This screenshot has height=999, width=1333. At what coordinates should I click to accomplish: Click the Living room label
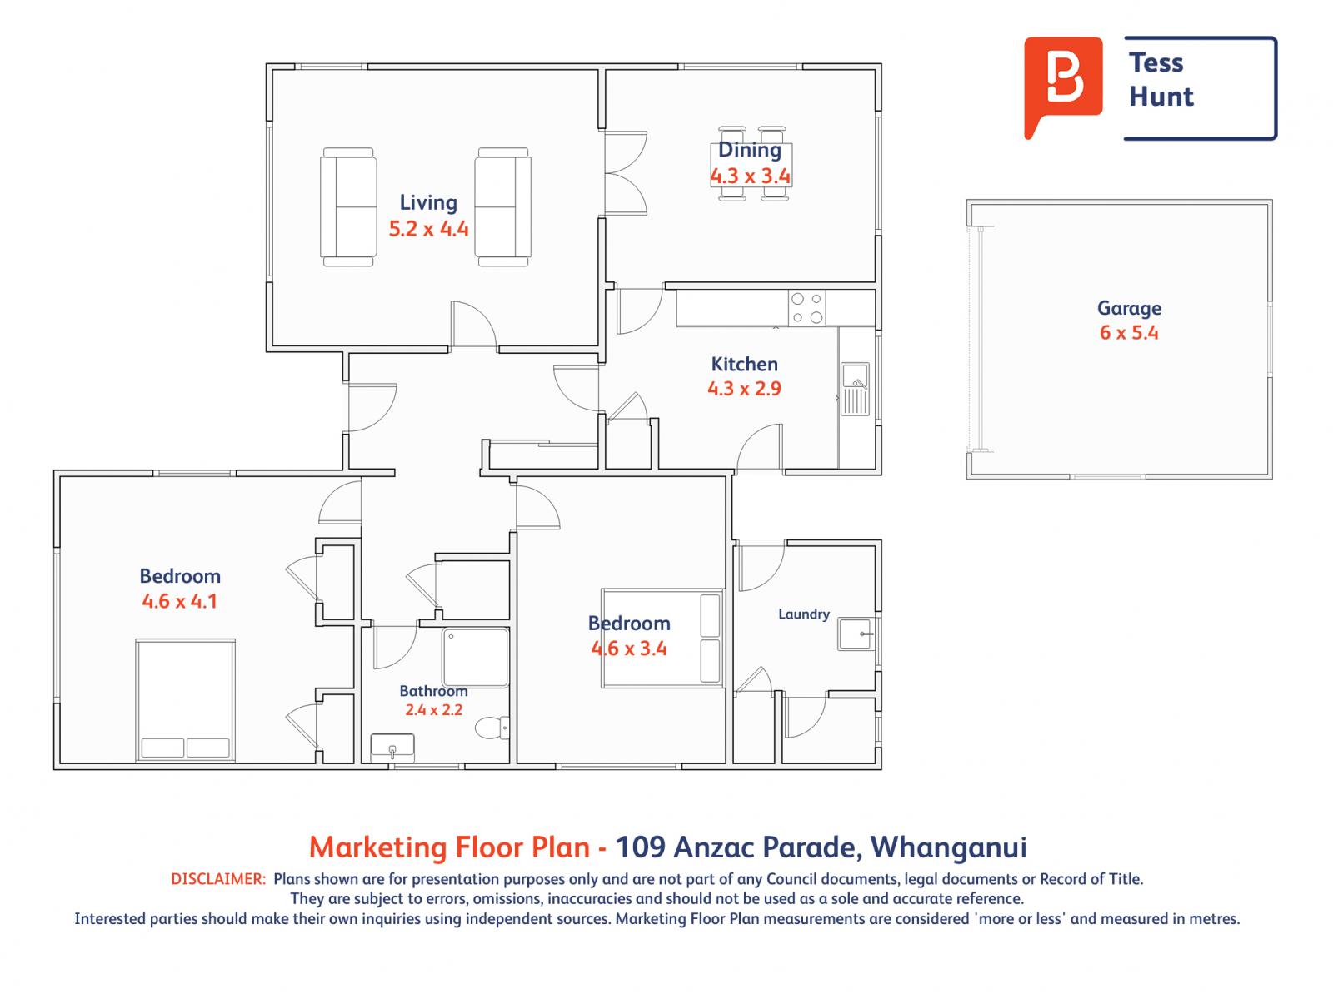pyautogui.click(x=427, y=203)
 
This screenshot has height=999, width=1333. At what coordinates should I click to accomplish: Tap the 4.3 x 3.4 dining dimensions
pyautogui.click(x=750, y=176)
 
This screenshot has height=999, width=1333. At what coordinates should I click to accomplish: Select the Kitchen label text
pyautogui.click(x=744, y=364)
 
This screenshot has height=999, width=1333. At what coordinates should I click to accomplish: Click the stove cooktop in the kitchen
pyautogui.click(x=806, y=308)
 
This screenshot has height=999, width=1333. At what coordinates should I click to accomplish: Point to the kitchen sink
pyautogui.click(x=855, y=389)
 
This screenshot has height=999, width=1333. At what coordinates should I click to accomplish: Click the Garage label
pyautogui.click(x=1129, y=308)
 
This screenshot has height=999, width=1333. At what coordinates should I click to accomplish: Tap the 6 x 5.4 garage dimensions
pyautogui.click(x=1129, y=332)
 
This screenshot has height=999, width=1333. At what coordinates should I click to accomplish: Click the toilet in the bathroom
pyautogui.click(x=492, y=728)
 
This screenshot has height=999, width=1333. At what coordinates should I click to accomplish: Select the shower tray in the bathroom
pyautogui.click(x=475, y=658)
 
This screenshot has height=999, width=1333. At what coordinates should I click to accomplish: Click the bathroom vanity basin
pyautogui.click(x=392, y=748)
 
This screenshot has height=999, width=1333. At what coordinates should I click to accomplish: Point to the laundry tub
pyautogui.click(x=856, y=634)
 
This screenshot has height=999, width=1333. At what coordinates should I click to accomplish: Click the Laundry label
pyautogui.click(x=803, y=614)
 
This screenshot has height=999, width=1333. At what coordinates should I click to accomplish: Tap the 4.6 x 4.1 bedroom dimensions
pyautogui.click(x=179, y=601)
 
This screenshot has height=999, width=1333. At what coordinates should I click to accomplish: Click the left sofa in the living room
pyautogui.click(x=348, y=206)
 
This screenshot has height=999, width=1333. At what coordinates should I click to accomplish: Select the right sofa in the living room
pyautogui.click(x=503, y=206)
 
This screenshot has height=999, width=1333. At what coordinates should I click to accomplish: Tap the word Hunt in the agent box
pyautogui.click(x=1161, y=97)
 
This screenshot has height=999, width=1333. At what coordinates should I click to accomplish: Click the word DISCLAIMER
pyautogui.click(x=218, y=879)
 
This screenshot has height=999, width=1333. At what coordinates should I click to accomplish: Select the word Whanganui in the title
pyautogui.click(x=949, y=847)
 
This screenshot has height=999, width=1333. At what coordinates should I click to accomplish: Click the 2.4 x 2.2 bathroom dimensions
pyautogui.click(x=433, y=709)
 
